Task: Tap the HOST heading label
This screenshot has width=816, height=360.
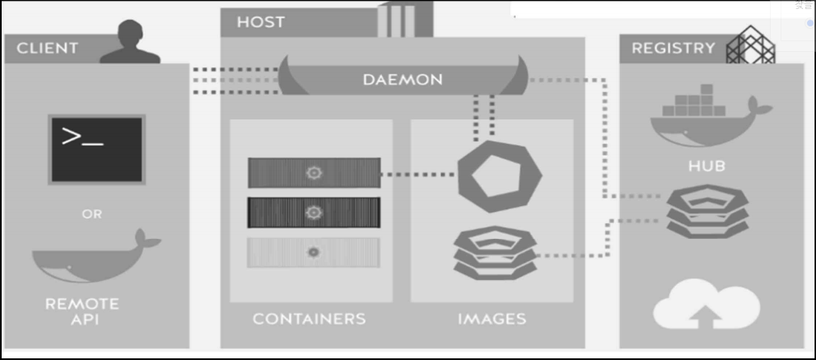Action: [261, 22]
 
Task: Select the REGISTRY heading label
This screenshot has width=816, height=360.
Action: [673, 49]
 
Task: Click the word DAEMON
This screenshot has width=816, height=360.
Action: [403, 80]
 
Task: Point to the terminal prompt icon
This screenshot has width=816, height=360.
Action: [97, 148]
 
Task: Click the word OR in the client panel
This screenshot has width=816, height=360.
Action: [92, 214]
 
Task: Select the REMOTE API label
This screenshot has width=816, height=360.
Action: [82, 311]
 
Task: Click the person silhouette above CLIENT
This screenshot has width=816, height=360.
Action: [129, 42]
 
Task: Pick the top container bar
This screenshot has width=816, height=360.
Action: [314, 173]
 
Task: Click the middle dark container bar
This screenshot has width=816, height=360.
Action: [314, 213]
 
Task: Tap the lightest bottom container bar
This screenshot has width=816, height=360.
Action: [314, 252]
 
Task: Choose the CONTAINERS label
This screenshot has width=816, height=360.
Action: [309, 318]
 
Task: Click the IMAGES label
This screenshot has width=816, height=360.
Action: [492, 318]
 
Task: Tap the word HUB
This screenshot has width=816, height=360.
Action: [707, 166]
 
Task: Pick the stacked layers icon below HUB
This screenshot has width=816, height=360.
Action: [707, 210]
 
